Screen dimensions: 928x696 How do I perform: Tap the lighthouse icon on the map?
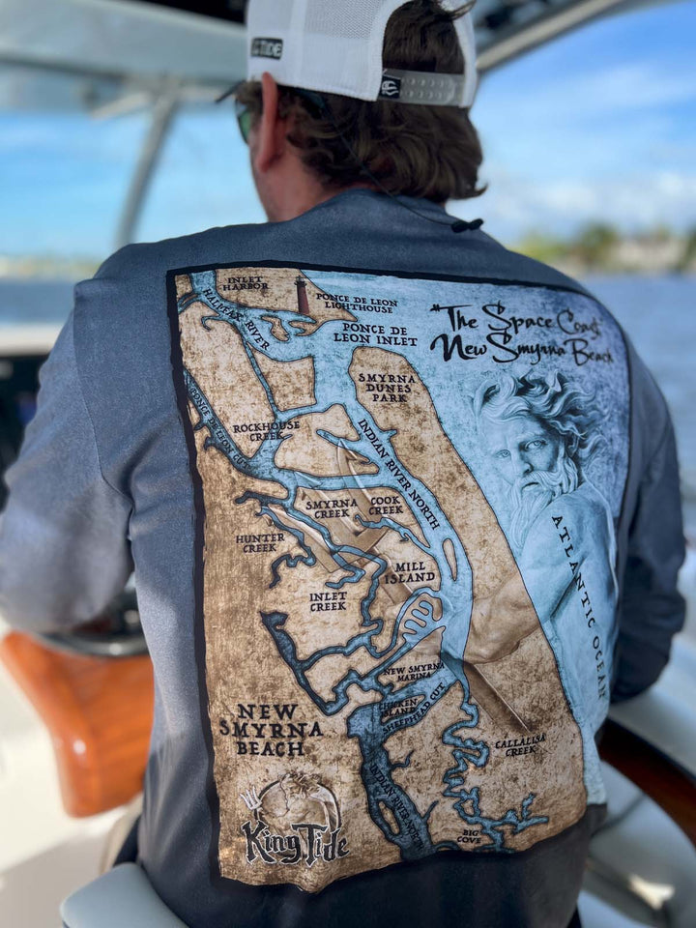click(303, 296)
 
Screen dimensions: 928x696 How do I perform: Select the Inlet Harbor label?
click(246, 283)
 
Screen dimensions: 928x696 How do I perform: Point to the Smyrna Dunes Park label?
click(388, 387)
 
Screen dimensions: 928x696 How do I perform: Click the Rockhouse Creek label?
click(266, 429)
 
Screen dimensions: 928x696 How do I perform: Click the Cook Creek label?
click(386, 506)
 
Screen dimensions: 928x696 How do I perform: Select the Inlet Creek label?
click(328, 601)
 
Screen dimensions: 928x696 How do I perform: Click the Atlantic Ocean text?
click(580, 607)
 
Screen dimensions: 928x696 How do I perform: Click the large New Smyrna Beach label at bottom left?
click(270, 730)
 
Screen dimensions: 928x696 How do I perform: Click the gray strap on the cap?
click(426, 87)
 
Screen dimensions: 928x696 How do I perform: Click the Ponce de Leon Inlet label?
click(375, 333)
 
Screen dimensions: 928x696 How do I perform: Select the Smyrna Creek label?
click(332, 509)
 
